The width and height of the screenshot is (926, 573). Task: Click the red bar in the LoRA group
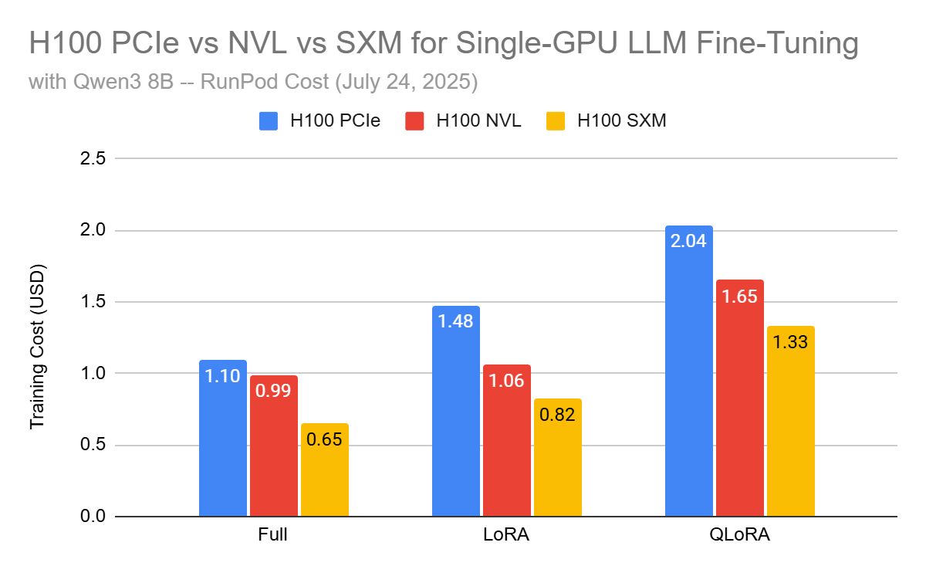coord(507,441)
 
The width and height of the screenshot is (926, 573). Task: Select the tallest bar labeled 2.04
coord(689,371)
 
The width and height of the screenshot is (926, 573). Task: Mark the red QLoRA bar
coord(740,398)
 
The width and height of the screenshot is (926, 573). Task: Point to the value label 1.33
coord(790,342)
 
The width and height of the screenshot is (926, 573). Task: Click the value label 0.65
coord(325,439)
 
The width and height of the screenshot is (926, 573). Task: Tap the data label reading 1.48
coord(456,320)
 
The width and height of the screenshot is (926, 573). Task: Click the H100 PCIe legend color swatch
coord(269,121)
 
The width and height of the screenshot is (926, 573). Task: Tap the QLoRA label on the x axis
coord(740,535)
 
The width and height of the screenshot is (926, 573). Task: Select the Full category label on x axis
coord(274,535)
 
